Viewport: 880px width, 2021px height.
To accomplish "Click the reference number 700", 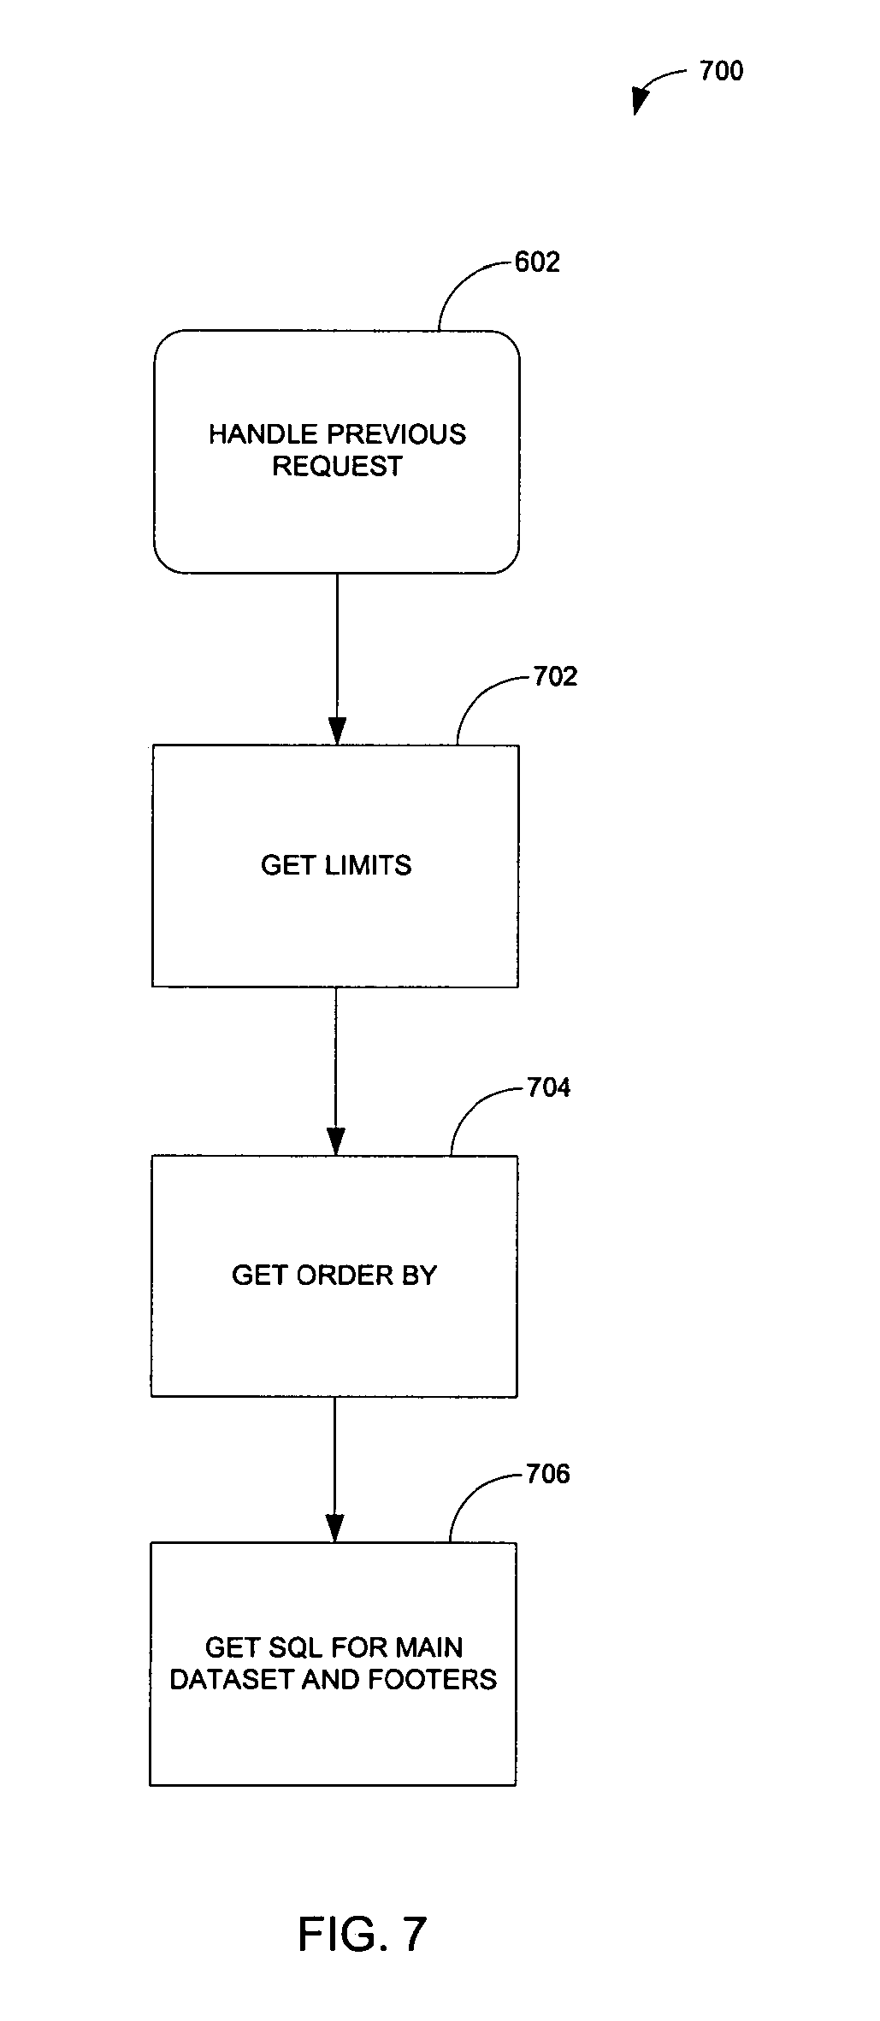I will (721, 71).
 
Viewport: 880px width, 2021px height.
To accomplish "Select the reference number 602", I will (537, 262).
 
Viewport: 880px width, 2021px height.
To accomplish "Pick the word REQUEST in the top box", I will (337, 466).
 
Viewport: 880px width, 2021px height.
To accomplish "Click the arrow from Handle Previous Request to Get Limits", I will (337, 658).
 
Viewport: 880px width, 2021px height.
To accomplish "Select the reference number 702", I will (555, 677).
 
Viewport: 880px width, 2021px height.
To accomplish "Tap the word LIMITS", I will (369, 865).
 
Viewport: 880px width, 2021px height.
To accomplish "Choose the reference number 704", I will (548, 1087).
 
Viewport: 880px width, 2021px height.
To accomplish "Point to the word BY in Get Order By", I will (418, 1276).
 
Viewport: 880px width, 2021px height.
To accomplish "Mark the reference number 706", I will (547, 1474).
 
